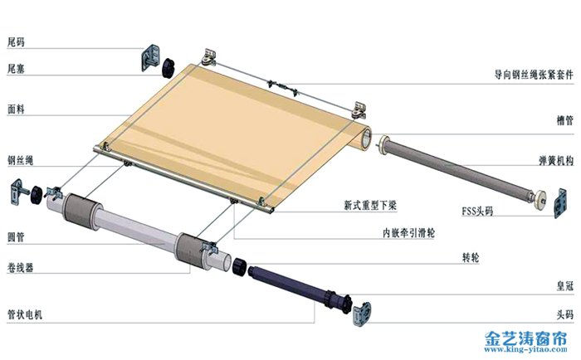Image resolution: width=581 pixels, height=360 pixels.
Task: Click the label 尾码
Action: pos(17,41)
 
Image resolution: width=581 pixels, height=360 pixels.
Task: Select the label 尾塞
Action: pos(17,70)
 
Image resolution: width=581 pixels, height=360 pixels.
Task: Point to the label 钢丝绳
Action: pos(20,159)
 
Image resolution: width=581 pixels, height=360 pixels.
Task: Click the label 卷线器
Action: pos(20,268)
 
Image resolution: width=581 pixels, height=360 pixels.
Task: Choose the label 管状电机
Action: pos(25,315)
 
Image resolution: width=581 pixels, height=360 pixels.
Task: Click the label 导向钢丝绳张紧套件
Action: pos(530,75)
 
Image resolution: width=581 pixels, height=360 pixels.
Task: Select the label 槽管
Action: pos(564,121)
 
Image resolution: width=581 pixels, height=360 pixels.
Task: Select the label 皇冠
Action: pos(564,286)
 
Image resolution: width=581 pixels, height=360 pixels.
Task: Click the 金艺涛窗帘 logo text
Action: pos(525,338)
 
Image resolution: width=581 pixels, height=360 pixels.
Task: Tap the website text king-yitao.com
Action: pos(525,351)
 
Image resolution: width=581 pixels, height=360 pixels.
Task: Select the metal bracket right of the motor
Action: pos(363,313)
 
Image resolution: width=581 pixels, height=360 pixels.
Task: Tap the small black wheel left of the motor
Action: pos(240,266)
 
